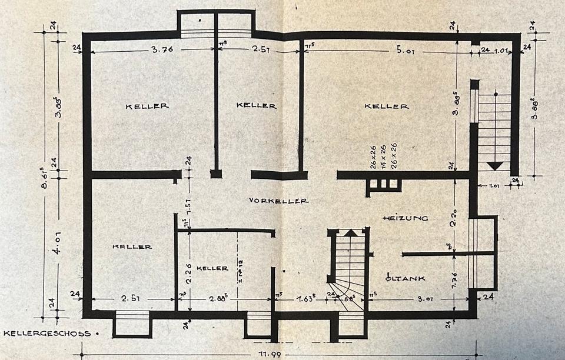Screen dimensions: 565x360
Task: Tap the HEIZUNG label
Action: (405, 218)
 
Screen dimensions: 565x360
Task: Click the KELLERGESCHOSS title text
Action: (48, 334)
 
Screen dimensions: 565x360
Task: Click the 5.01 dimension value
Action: (406, 51)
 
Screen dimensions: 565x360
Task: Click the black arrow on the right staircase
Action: (495, 165)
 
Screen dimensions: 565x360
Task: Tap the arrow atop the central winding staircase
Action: (351, 232)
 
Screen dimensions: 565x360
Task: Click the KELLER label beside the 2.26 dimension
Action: (212, 268)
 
